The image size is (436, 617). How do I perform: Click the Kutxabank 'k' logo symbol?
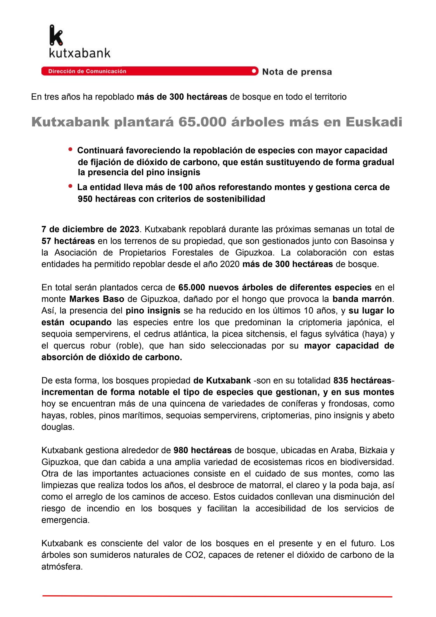coord(56,35)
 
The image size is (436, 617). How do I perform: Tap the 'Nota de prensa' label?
coord(297,72)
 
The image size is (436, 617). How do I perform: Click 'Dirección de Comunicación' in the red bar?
coord(87,71)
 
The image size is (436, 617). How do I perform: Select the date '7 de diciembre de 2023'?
coord(90,229)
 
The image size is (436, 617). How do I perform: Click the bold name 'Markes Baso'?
coord(97,299)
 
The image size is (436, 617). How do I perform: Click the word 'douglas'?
coord(58,427)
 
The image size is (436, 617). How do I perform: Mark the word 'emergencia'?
coord(65,520)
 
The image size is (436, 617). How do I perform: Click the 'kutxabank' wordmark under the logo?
coord(80,53)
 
